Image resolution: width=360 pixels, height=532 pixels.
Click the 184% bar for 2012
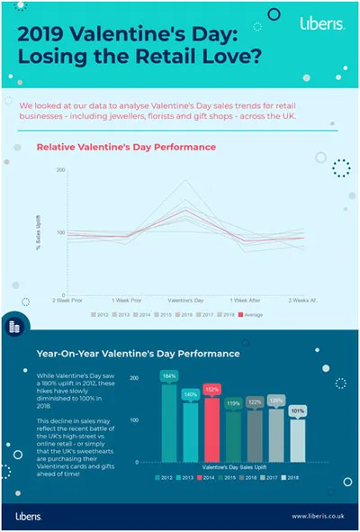pos(169,423)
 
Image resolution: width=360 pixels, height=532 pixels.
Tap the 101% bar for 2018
pos(298,441)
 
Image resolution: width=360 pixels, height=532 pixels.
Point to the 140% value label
pos(191,394)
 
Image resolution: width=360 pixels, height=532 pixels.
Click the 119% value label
pos(234,404)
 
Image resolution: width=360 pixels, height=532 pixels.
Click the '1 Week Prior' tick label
pos(127,298)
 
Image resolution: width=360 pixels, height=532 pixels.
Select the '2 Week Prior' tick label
pos(67,298)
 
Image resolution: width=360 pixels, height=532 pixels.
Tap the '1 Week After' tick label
pos(246,298)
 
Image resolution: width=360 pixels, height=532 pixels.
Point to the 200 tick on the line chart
pos(61,169)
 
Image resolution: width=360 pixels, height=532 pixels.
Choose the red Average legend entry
pos(251,314)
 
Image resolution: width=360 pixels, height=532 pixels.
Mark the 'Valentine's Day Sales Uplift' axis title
pos(232,469)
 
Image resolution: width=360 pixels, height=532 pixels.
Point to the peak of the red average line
pos(186,212)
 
